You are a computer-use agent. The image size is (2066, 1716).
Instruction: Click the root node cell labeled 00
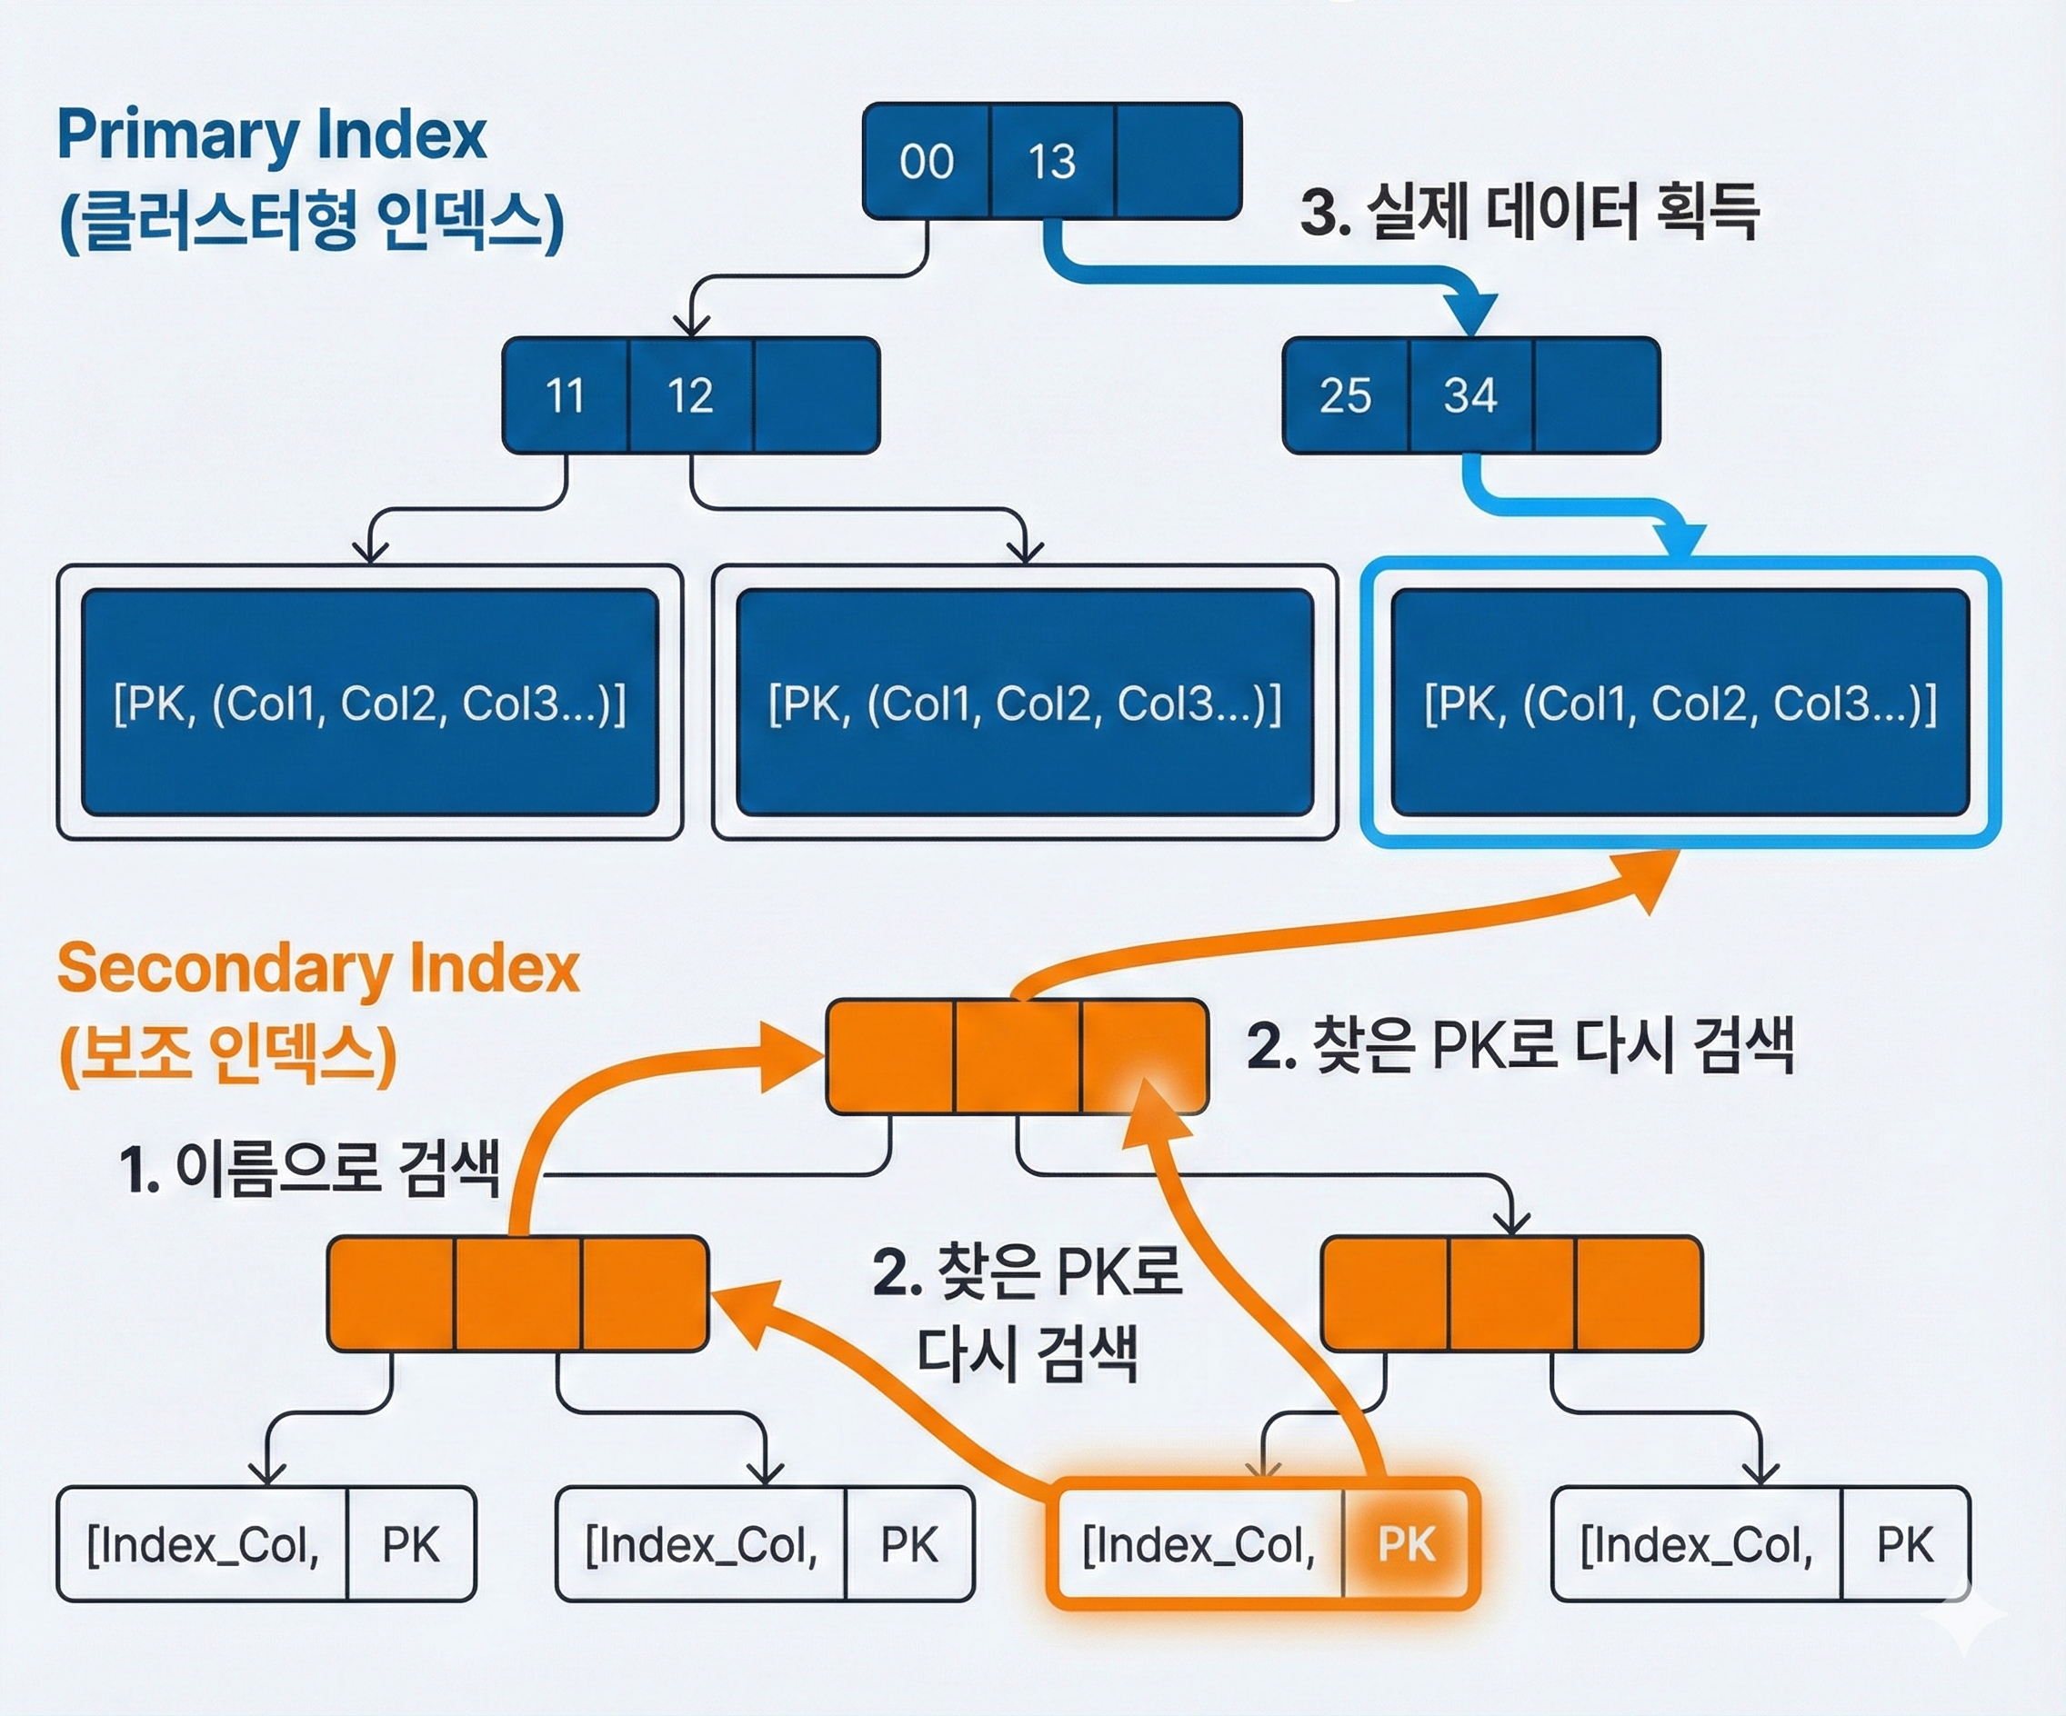click(926, 161)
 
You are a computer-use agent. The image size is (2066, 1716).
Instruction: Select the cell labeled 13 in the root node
click(1052, 161)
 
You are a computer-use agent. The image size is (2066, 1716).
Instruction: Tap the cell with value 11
click(565, 395)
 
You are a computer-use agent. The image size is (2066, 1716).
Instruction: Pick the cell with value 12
click(689, 395)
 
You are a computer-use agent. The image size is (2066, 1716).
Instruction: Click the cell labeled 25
click(1345, 395)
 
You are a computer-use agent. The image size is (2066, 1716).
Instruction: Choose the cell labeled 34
click(1469, 395)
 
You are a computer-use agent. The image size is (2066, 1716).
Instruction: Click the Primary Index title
click(272, 135)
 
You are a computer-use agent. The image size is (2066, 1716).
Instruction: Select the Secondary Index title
click(317, 969)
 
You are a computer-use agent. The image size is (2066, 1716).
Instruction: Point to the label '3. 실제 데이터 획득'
click(1529, 213)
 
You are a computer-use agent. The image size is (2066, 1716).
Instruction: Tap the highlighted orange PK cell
click(1407, 1544)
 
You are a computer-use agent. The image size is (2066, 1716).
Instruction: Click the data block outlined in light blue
click(1680, 703)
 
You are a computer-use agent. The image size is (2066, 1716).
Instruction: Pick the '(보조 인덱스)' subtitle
click(227, 1054)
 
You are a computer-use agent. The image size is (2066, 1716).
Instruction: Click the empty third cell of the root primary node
click(1178, 161)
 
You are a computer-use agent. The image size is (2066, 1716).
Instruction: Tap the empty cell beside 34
click(1596, 395)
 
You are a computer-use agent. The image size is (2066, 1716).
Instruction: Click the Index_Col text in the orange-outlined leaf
click(1198, 1544)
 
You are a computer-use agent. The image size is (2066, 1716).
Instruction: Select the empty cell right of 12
click(816, 395)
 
